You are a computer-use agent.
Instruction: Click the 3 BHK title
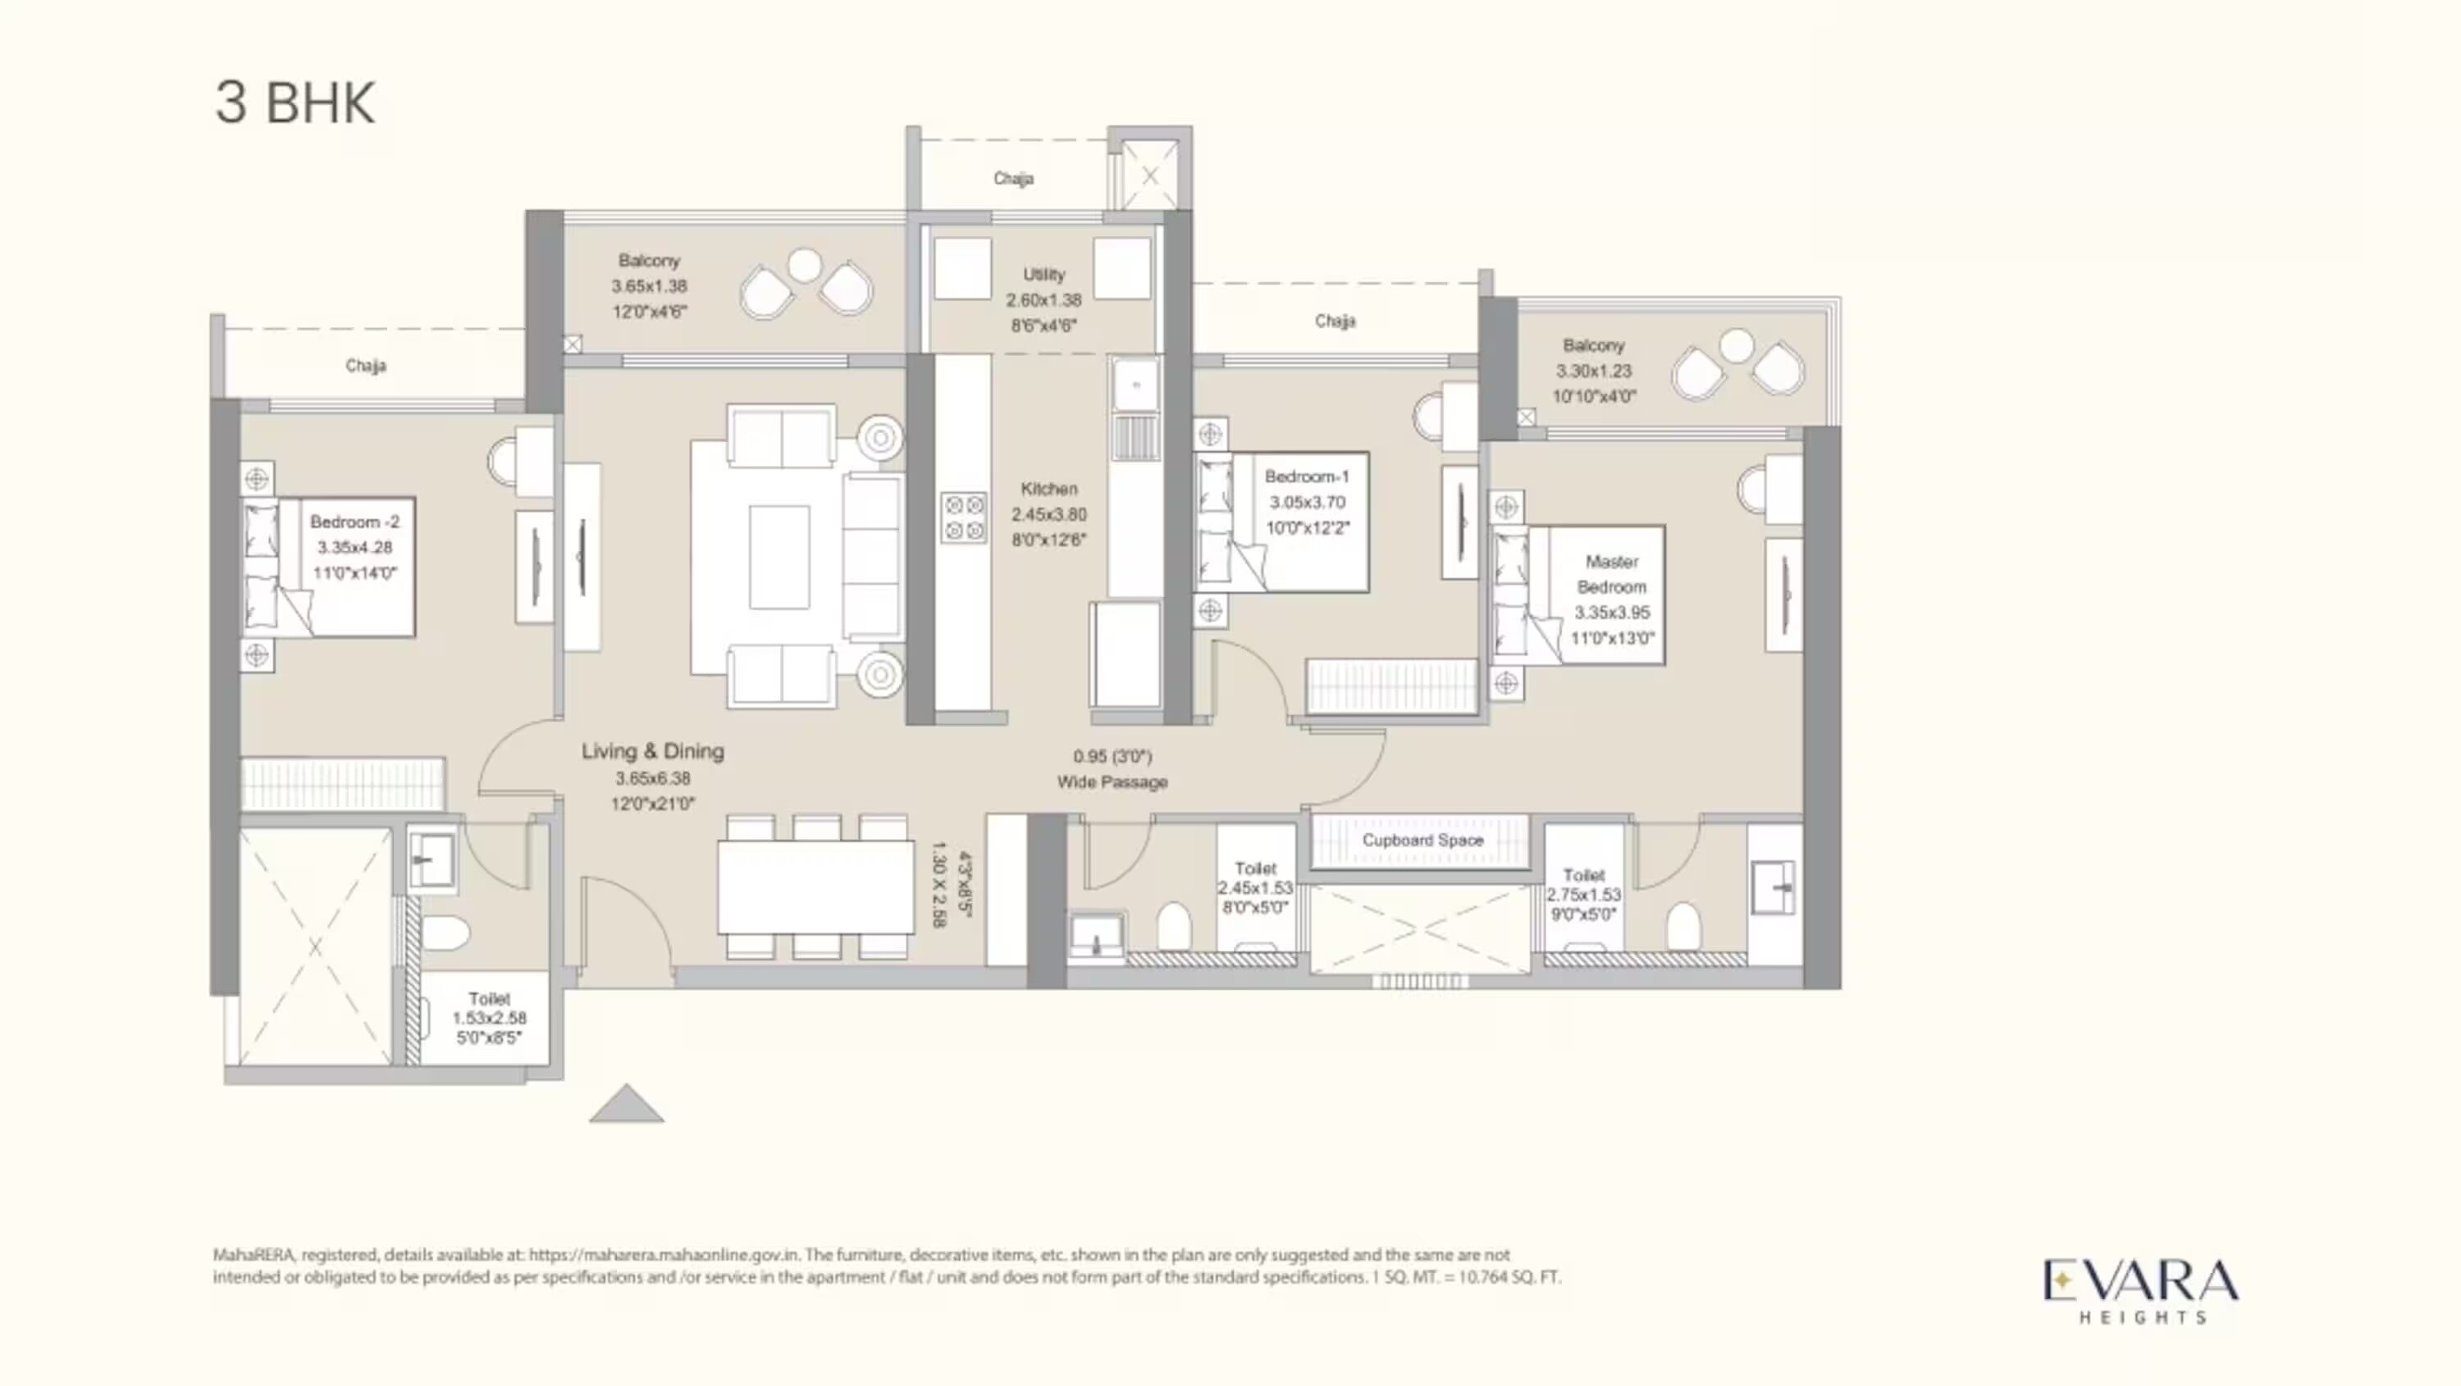point(294,103)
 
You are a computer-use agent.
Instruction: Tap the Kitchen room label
point(1048,489)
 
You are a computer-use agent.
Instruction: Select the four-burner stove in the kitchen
point(963,517)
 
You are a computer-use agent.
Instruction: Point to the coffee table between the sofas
point(778,557)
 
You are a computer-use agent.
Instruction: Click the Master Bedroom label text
point(1611,574)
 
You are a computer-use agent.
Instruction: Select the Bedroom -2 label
point(354,522)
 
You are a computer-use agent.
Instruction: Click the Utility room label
point(1043,275)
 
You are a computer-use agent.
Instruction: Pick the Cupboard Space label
point(1422,841)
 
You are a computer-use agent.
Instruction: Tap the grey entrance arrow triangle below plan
point(626,1106)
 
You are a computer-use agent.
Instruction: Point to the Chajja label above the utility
point(1012,179)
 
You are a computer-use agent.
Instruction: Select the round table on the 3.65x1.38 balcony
point(805,266)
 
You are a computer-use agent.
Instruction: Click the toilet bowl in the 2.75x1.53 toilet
point(1683,927)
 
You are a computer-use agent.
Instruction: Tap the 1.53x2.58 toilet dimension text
point(488,1019)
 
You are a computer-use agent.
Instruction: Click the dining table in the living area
point(815,887)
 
